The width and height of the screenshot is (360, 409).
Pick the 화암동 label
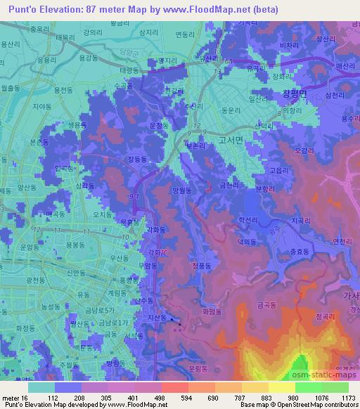pyautogui.click(x=212, y=310)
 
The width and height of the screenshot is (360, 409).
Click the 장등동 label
pyautogui.click(x=139, y=160)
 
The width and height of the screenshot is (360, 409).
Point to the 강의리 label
pyautogui.click(x=92, y=32)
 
